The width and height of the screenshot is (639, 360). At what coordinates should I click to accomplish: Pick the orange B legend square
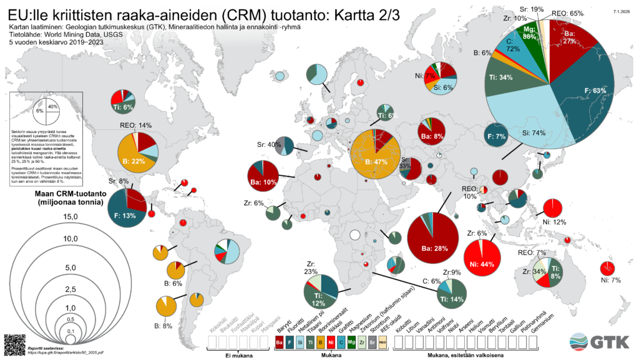point(321,342)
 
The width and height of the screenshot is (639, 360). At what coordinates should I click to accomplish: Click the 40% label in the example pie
point(53,107)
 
